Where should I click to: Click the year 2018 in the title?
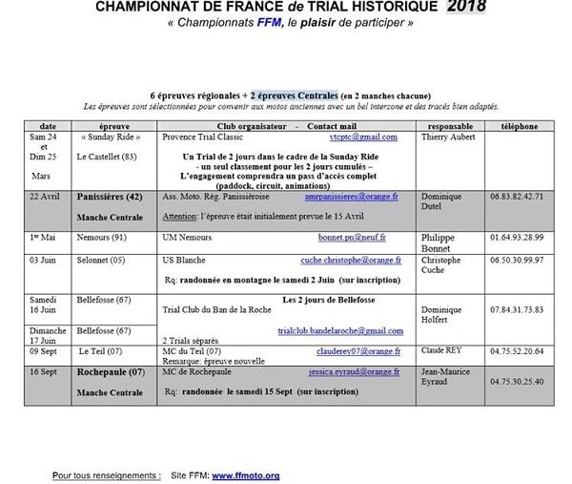pos(465,8)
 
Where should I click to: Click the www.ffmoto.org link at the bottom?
pos(245,474)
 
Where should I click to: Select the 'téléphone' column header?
pos(520,126)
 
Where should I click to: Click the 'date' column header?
pos(48,126)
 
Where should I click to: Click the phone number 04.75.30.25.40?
pos(520,381)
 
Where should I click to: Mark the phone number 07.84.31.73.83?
pos(520,309)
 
